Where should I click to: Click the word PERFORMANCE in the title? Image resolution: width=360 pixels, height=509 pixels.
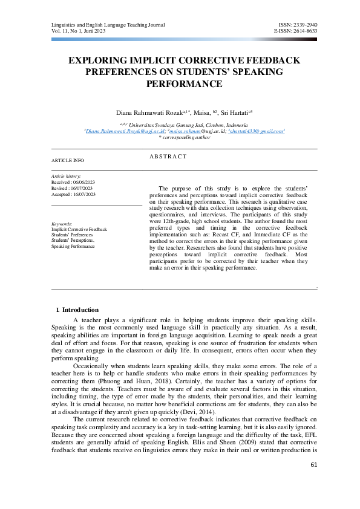[180, 83]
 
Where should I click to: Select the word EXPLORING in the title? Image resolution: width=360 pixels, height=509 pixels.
[97, 61]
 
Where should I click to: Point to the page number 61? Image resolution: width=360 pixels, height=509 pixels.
[313, 481]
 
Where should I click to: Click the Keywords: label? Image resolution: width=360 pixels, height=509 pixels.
[63, 224]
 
